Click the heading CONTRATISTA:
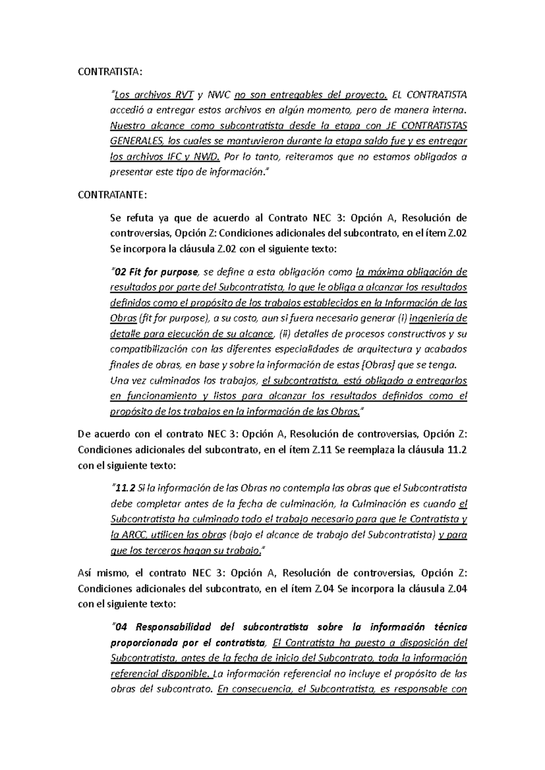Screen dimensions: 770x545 (x=110, y=72)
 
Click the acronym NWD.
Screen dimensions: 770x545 (x=207, y=157)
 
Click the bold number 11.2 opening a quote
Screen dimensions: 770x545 (x=125, y=488)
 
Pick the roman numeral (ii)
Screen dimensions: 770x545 (x=285, y=334)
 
